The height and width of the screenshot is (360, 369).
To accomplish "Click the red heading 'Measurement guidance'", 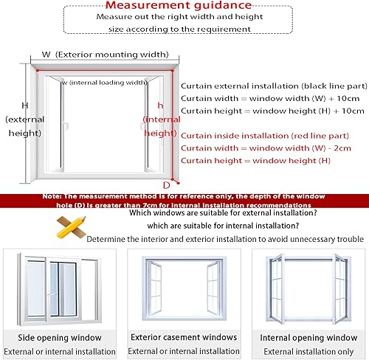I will pyautogui.click(x=184, y=7).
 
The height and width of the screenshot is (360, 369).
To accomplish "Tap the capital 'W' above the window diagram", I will pyautogui.click(x=46, y=54).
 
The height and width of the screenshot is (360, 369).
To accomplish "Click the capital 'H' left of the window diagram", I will pyautogui.click(x=24, y=105).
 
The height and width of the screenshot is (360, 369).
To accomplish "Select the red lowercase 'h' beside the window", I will pyautogui.click(x=161, y=105).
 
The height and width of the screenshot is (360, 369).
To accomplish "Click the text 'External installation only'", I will pyautogui.click(x=306, y=352).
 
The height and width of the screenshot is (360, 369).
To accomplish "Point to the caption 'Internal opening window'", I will pyautogui.click(x=306, y=337).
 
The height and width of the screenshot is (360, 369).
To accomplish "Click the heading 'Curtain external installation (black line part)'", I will pyautogui.click(x=272, y=85).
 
